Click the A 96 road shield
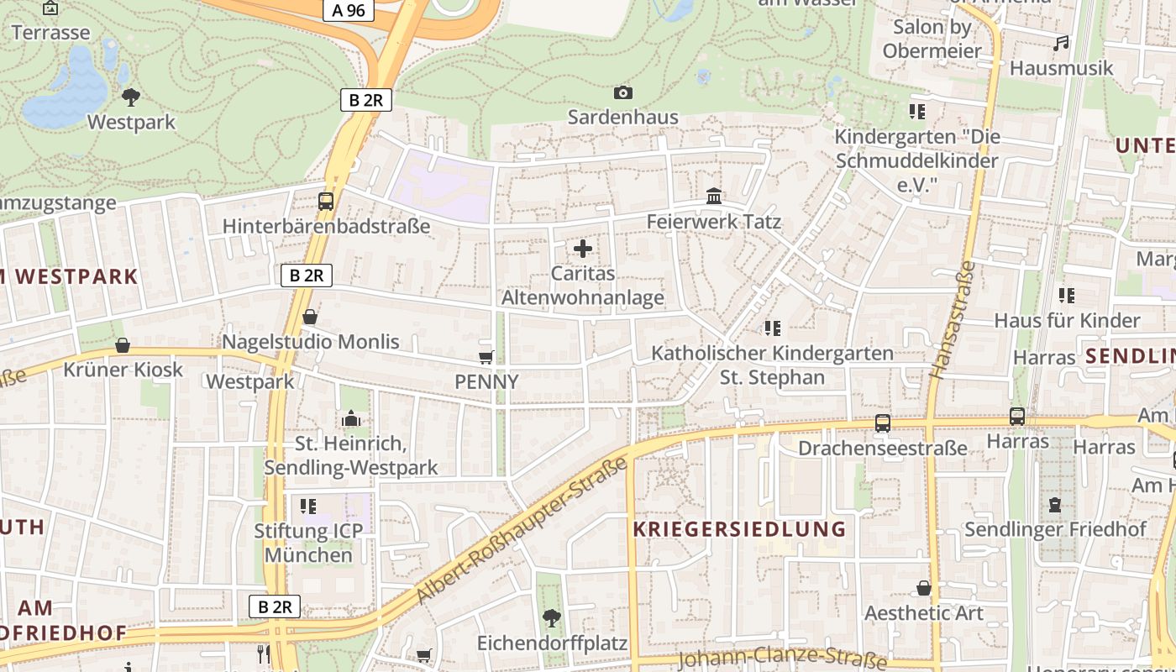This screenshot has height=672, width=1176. (x=349, y=10)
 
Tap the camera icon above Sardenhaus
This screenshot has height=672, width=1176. (x=622, y=92)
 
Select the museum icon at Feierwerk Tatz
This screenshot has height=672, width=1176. (x=714, y=197)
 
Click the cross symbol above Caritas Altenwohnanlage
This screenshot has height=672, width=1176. (x=583, y=249)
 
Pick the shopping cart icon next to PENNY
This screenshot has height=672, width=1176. (x=486, y=357)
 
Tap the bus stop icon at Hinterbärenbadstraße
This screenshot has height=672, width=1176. (x=326, y=202)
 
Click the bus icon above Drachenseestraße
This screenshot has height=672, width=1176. (x=883, y=423)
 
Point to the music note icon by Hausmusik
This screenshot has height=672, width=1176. (x=1062, y=43)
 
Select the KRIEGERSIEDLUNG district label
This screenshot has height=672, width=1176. (x=739, y=529)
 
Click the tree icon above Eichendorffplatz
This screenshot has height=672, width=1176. (x=552, y=618)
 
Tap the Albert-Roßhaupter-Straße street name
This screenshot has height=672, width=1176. (x=522, y=531)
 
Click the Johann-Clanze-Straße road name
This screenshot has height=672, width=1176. (x=782, y=658)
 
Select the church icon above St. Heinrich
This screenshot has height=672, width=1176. (x=351, y=418)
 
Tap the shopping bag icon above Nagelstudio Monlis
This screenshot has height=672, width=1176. (x=310, y=317)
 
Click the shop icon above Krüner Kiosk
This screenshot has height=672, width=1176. (x=123, y=345)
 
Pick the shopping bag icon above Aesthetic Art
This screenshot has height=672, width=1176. (x=924, y=588)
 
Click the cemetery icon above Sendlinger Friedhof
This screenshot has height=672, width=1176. (x=1055, y=505)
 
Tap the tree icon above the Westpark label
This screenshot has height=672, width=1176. (x=131, y=97)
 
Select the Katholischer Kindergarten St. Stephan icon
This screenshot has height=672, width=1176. (x=773, y=328)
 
